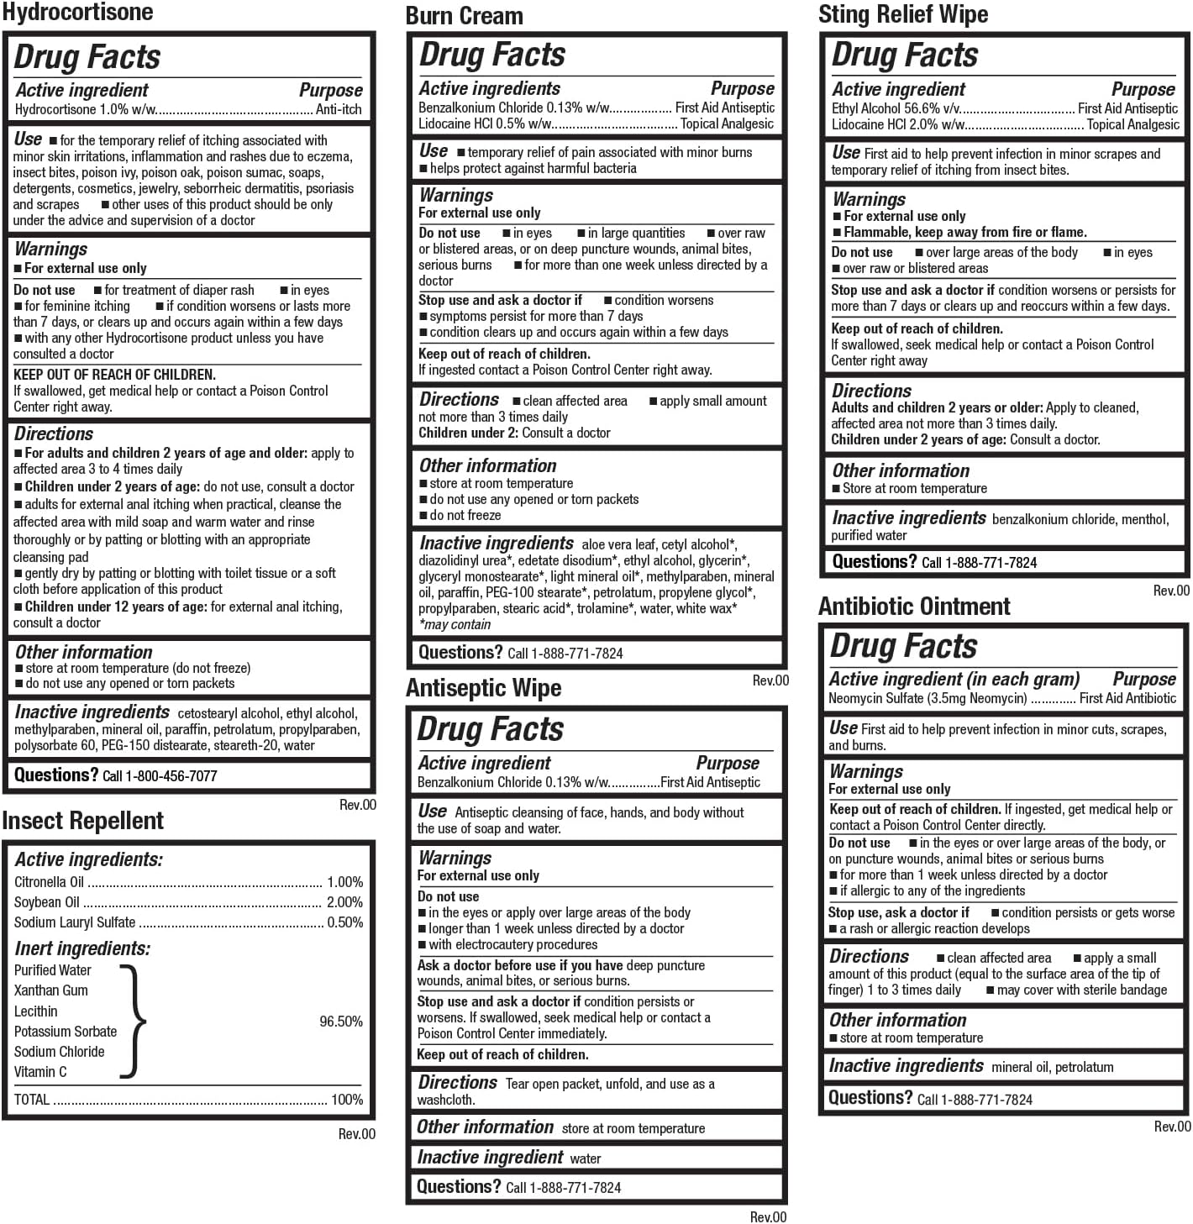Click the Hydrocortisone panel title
[77, 13]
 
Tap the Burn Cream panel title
[464, 16]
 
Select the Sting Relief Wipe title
[903, 14]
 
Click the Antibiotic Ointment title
[914, 607]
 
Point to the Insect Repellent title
[82, 821]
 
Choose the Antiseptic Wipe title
[483, 688]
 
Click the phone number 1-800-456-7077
[171, 776]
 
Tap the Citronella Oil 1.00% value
[344, 882]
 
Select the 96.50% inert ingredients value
[341, 1022]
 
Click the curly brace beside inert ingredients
[134, 1021]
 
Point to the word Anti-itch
[339, 109]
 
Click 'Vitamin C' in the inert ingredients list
[40, 1072]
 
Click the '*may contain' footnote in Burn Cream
[455, 624]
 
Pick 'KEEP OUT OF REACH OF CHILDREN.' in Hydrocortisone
[114, 375]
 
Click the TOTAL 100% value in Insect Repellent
[347, 1100]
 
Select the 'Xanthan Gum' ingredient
[51, 990]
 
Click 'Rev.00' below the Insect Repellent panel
[357, 1134]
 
